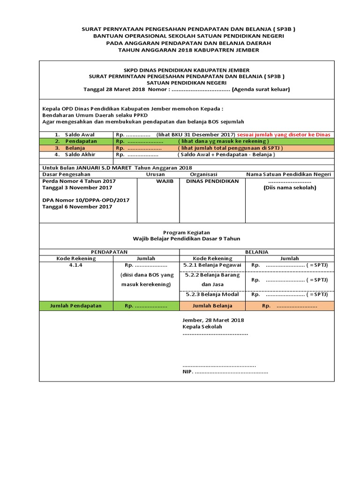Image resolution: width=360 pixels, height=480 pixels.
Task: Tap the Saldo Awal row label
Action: click(x=79, y=135)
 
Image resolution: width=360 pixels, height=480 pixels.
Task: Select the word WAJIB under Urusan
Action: click(x=158, y=181)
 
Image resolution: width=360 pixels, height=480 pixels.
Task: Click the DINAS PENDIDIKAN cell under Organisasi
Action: click(x=212, y=181)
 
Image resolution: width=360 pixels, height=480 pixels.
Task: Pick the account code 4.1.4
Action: click(x=76, y=265)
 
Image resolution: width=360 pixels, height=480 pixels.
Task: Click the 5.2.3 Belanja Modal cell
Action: click(x=212, y=294)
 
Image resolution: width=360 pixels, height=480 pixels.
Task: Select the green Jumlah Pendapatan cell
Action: click(x=76, y=306)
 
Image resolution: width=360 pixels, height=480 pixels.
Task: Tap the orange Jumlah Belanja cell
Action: click(x=212, y=306)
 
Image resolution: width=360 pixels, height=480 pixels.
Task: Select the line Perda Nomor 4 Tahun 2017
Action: click(x=79, y=181)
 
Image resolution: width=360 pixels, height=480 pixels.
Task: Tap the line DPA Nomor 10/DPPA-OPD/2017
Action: click(x=86, y=200)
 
